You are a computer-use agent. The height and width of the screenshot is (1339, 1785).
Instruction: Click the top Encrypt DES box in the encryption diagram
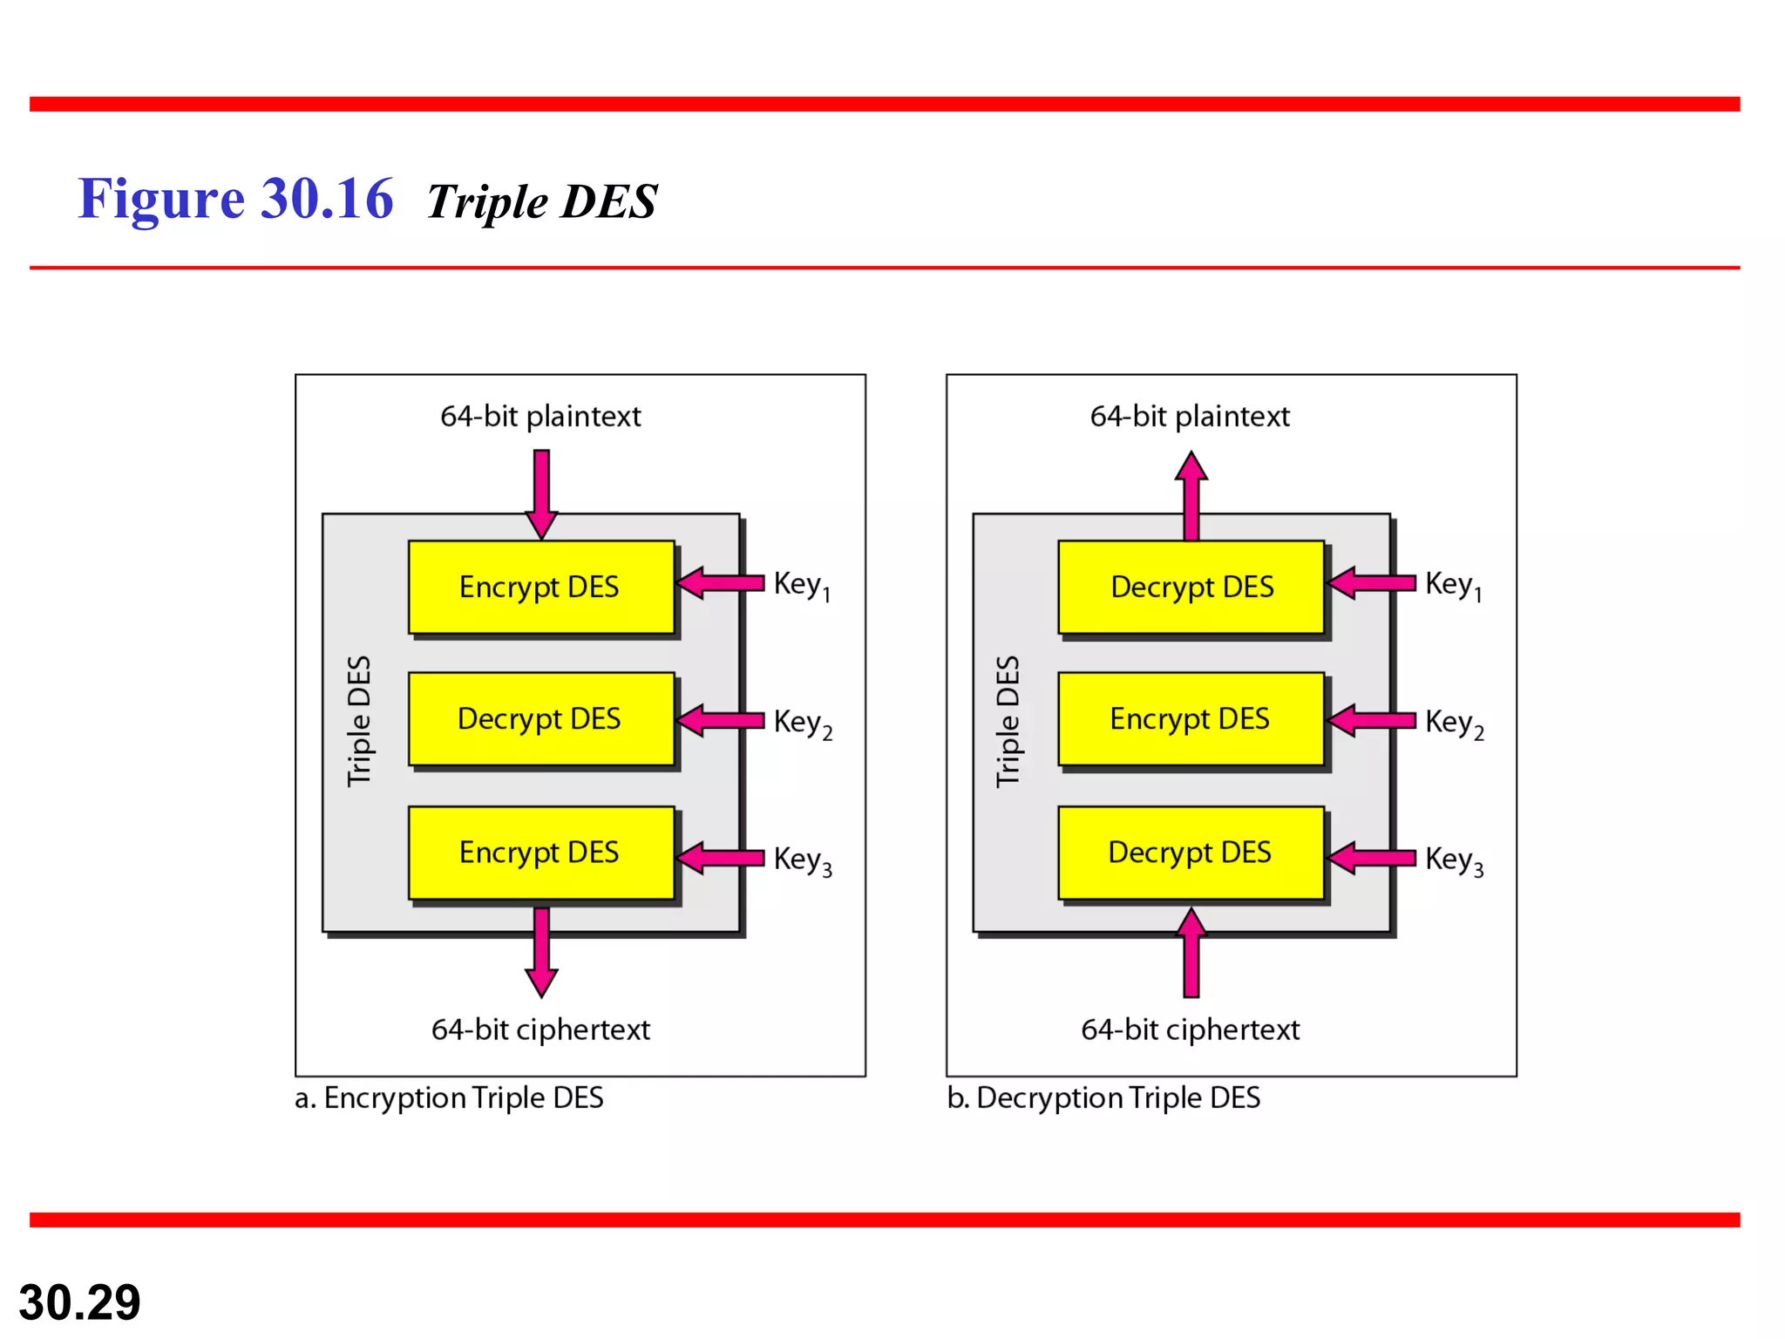pos(540,587)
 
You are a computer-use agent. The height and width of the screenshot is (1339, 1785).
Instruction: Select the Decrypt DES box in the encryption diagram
pos(540,719)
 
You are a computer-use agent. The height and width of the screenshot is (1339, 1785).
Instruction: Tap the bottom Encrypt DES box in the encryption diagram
pos(540,853)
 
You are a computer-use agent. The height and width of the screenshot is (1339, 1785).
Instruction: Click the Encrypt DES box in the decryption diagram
pos(1191,719)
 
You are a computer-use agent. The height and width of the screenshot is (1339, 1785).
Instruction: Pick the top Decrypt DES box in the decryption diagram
pos(1191,587)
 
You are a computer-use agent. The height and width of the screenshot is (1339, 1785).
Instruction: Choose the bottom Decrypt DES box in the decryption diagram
pos(1191,853)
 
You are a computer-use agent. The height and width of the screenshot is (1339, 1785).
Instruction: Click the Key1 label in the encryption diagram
pos(801,585)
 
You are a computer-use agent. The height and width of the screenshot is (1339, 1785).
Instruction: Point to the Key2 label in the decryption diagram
pos(1453,723)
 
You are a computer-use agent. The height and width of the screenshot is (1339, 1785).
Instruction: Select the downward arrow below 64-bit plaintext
pos(541,493)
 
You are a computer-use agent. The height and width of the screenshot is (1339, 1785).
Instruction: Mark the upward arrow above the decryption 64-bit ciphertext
pos(1191,953)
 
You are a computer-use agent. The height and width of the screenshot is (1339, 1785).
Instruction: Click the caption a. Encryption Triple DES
pos(449,1098)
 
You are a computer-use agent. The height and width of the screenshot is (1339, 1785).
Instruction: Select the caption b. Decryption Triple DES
pos(1103,1098)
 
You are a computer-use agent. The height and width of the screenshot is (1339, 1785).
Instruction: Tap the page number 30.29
pos(79,1302)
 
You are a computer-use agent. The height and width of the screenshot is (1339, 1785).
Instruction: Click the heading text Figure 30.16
pos(235,199)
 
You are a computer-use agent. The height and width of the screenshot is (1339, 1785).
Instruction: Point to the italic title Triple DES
pos(541,201)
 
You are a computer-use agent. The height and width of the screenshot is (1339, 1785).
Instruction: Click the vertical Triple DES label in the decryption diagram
pos(1008,721)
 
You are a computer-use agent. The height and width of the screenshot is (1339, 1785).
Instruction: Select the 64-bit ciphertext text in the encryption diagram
pos(540,1030)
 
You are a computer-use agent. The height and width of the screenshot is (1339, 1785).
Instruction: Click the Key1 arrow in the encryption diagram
pos(721,582)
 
